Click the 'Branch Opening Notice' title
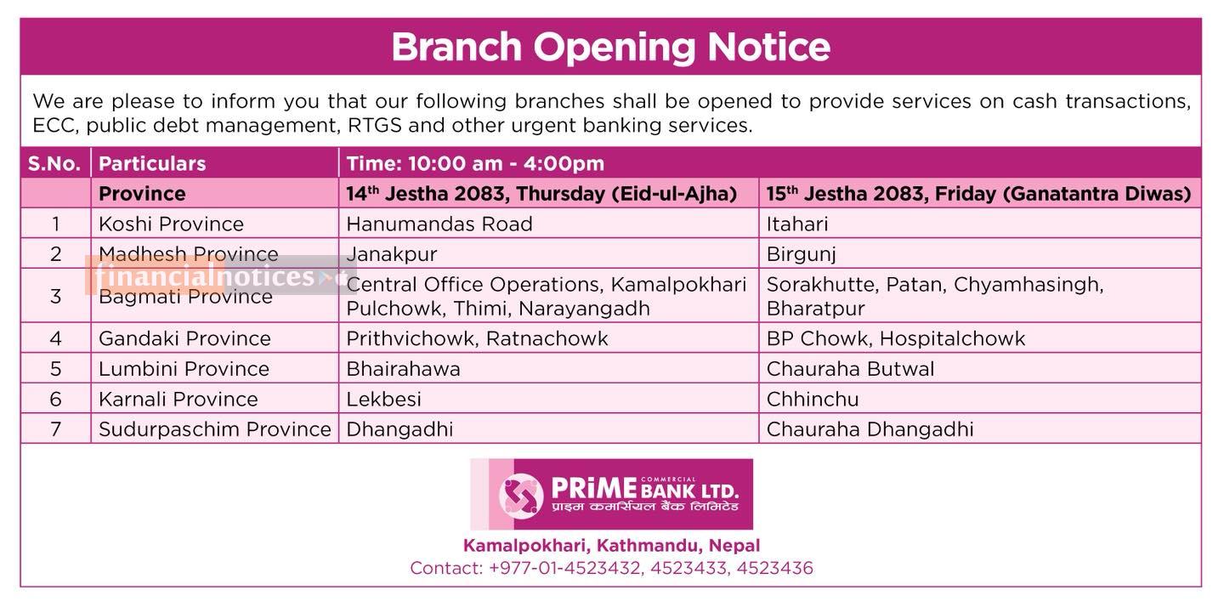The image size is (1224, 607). pyautogui.click(x=611, y=48)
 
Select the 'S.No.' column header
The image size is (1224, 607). pyautogui.click(x=54, y=163)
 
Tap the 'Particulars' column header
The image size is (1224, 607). pyautogui.click(x=152, y=163)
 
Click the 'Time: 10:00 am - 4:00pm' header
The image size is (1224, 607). pyautogui.click(x=475, y=163)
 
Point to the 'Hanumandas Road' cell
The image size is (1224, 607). pyautogui.click(x=439, y=224)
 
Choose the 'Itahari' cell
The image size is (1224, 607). pyautogui.click(x=797, y=224)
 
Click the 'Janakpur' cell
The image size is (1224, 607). pyautogui.click(x=392, y=254)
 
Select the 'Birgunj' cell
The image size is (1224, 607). pyautogui.click(x=801, y=254)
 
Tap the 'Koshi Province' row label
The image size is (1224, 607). pyautogui.click(x=171, y=224)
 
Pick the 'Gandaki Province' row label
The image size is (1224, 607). pyautogui.click(x=184, y=338)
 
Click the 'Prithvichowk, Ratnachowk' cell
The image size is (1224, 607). pyautogui.click(x=477, y=338)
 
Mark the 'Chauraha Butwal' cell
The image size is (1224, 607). pyautogui.click(x=850, y=369)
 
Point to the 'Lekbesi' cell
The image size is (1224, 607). pyautogui.click(x=383, y=400)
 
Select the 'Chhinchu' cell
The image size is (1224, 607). pyautogui.click(x=813, y=400)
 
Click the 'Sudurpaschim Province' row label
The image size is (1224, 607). pyautogui.click(x=215, y=429)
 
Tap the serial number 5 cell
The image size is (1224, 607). pyautogui.click(x=56, y=369)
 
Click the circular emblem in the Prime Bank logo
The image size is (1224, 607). pyautogui.click(x=521, y=496)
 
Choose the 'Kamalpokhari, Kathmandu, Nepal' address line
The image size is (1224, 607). pyautogui.click(x=611, y=545)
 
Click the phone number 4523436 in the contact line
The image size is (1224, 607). pyautogui.click(x=775, y=568)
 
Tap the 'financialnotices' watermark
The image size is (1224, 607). pyautogui.click(x=205, y=276)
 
